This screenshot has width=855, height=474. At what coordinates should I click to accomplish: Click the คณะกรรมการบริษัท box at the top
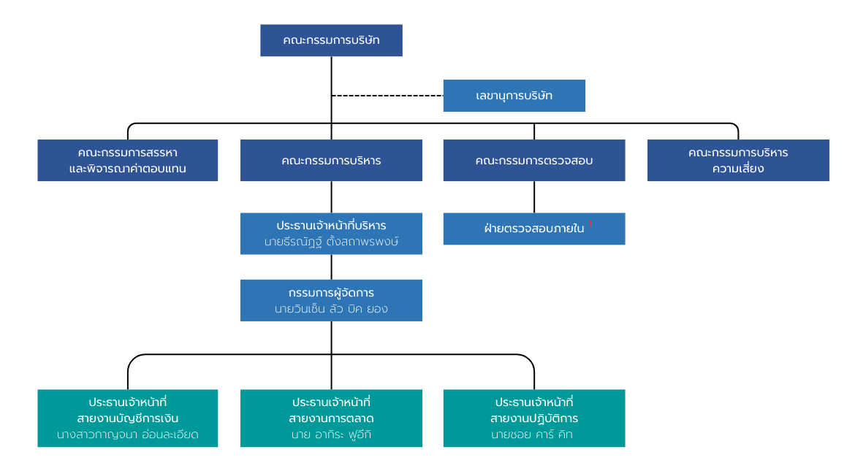(x=331, y=40)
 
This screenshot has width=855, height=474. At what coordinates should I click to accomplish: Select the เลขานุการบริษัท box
(x=514, y=96)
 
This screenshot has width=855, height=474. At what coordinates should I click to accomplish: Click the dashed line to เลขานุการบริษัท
(x=387, y=96)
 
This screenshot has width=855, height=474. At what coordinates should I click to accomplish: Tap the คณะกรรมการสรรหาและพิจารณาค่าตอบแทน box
(x=128, y=161)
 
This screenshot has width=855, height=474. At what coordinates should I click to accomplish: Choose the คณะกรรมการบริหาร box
(x=331, y=161)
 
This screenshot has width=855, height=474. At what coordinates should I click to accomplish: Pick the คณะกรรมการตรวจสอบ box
(x=533, y=161)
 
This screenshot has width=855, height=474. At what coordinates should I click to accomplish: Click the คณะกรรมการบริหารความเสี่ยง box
(x=738, y=161)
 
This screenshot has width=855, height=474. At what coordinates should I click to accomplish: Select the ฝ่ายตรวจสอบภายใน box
(x=533, y=229)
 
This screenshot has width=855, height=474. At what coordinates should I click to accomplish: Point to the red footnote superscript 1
(x=590, y=223)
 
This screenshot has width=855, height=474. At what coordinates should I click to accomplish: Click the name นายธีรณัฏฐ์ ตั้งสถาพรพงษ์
(x=331, y=242)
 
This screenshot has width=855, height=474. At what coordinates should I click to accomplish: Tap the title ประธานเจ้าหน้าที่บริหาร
(x=331, y=225)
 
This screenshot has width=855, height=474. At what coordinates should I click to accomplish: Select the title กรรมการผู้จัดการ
(x=331, y=292)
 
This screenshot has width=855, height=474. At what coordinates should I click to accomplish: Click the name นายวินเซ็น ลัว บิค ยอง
(x=331, y=309)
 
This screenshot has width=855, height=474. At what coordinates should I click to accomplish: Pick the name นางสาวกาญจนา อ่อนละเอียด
(x=128, y=435)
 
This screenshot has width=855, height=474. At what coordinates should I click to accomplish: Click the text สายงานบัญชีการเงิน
(x=128, y=418)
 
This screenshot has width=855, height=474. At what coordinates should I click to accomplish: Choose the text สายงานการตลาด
(x=331, y=418)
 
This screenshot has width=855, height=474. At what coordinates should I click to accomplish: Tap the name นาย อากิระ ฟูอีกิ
(x=331, y=435)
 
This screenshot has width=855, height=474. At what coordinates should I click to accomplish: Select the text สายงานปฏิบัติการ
(x=533, y=418)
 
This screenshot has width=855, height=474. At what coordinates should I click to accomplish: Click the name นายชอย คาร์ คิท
(x=533, y=435)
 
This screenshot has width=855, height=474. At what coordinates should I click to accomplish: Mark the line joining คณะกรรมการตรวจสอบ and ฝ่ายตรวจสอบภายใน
(x=534, y=196)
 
